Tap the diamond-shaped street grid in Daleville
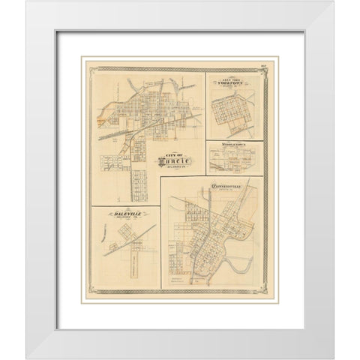[x=128, y=244]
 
